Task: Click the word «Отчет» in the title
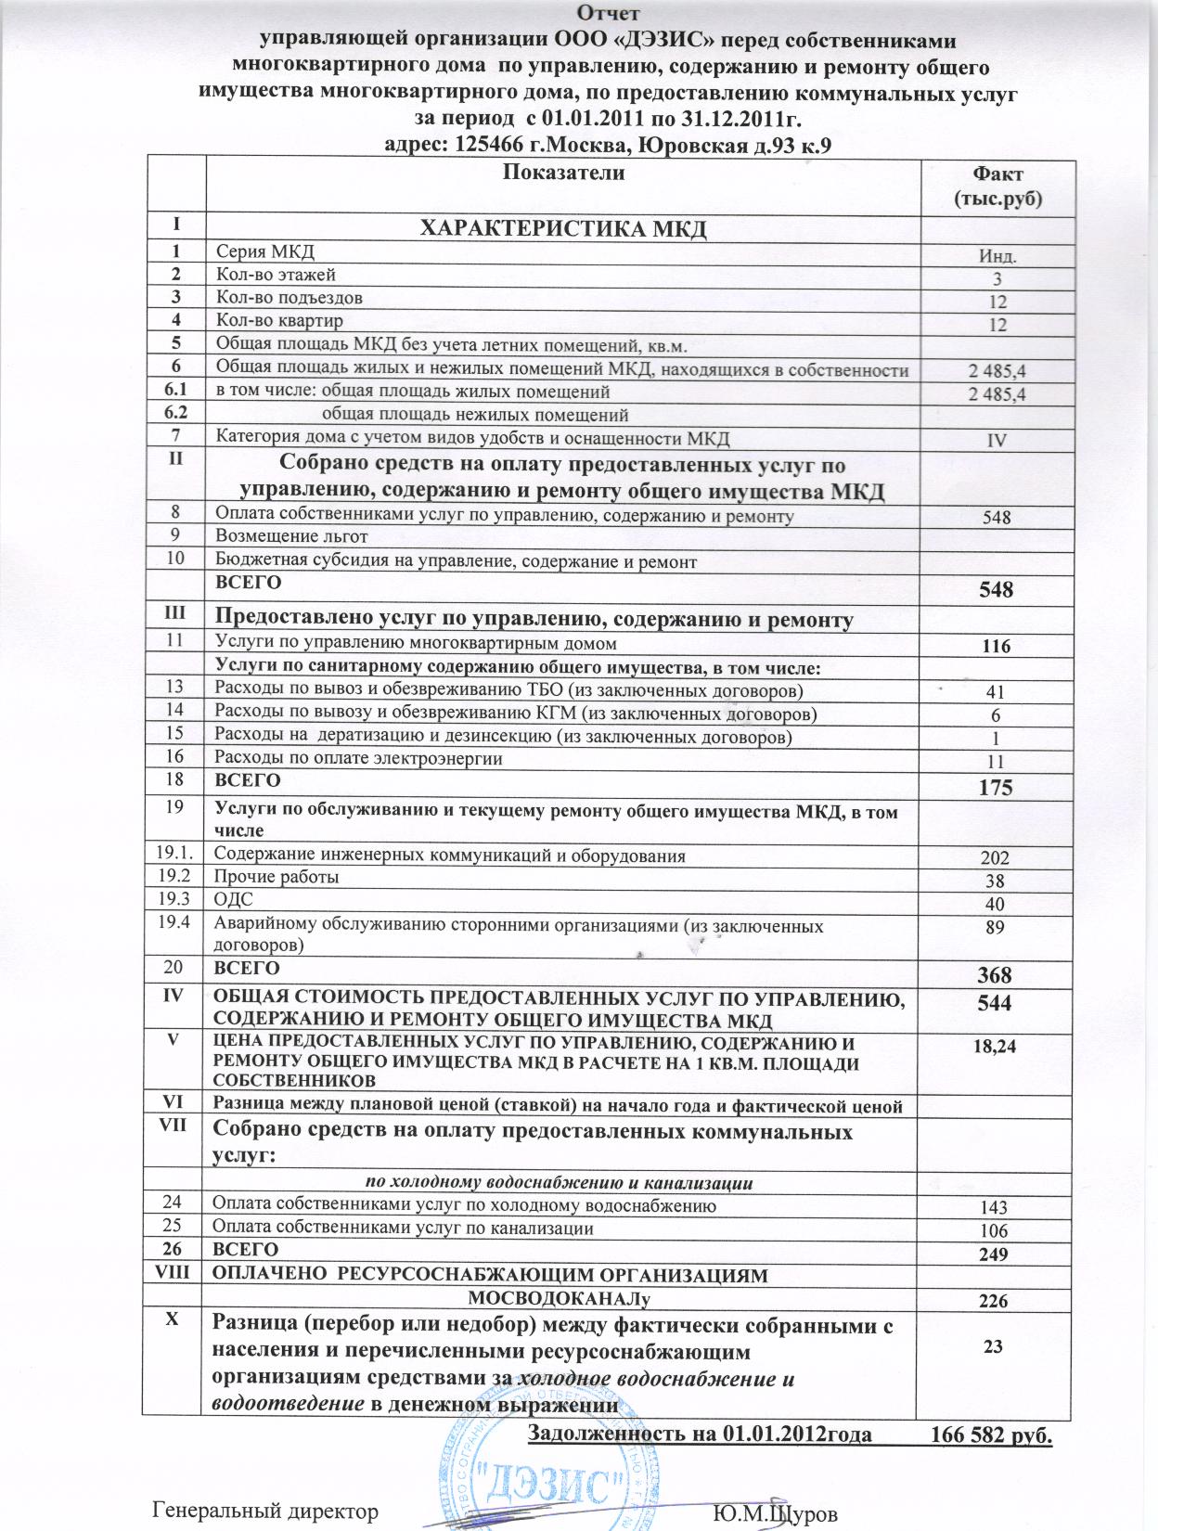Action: (x=608, y=13)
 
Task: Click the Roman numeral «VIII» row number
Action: (x=174, y=1275)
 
